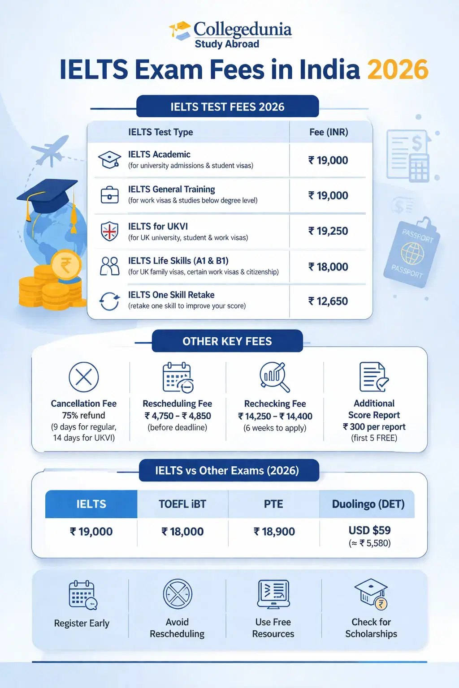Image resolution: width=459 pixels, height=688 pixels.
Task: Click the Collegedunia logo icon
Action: click(x=180, y=30)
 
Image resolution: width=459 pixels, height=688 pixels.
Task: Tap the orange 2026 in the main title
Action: click(x=398, y=70)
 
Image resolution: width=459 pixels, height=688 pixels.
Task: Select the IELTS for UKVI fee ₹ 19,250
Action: click(x=328, y=231)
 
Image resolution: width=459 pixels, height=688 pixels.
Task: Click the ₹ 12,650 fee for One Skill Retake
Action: click(x=328, y=301)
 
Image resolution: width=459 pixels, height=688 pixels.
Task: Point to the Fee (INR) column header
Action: click(x=329, y=132)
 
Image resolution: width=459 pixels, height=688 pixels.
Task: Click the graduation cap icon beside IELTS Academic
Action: click(x=109, y=160)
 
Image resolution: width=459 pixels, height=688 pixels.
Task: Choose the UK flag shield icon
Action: click(x=109, y=232)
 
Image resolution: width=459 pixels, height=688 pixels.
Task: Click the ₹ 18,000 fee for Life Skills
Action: click(x=328, y=267)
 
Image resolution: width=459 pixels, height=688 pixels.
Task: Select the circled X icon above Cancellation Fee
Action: click(x=84, y=377)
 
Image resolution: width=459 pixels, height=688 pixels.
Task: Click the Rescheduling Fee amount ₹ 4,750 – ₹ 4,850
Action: click(x=178, y=416)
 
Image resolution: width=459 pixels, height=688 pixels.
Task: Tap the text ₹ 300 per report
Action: click(x=374, y=427)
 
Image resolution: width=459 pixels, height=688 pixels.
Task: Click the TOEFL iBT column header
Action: click(x=182, y=504)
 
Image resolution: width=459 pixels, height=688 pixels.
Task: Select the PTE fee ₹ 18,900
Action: click(x=274, y=532)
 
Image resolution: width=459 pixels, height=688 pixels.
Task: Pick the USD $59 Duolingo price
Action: click(x=370, y=530)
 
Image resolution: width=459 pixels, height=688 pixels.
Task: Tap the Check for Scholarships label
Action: click(x=371, y=628)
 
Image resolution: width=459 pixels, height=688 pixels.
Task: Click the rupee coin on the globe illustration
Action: click(x=66, y=265)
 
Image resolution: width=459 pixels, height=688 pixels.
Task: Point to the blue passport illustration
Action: click(x=411, y=253)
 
